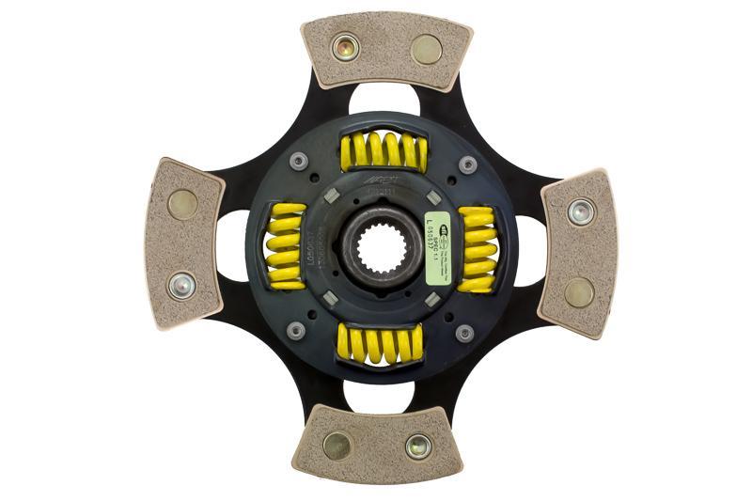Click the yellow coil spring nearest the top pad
point(383,150)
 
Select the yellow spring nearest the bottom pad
point(381,343)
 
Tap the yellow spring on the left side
point(285,245)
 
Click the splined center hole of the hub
point(381,246)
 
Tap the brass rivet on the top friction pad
point(426,49)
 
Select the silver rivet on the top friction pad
point(345,46)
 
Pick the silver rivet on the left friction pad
point(180,285)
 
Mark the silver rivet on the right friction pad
point(581,211)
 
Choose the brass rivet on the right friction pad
point(579,291)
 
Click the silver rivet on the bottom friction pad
point(418,446)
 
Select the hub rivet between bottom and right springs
point(464,333)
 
